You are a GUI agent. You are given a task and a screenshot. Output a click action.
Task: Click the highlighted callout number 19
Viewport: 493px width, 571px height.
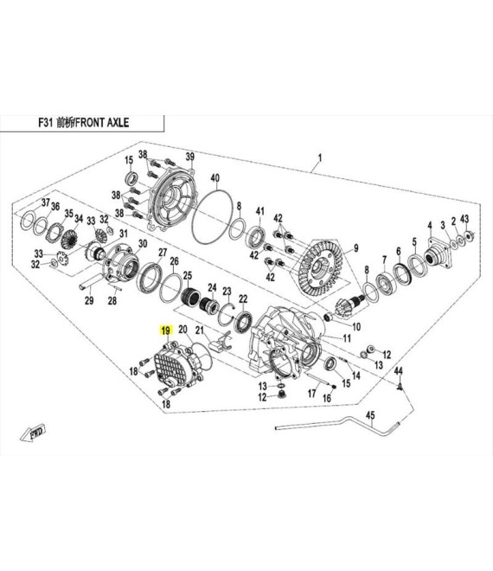click(x=166, y=330)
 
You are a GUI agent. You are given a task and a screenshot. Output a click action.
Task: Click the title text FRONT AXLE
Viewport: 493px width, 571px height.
click(x=102, y=122)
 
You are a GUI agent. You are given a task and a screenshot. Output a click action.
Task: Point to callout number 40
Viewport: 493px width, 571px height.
click(x=215, y=178)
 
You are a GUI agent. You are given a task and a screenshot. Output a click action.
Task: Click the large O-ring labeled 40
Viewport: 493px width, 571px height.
click(x=212, y=216)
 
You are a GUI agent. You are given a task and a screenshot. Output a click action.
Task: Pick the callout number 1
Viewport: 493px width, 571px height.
click(x=320, y=158)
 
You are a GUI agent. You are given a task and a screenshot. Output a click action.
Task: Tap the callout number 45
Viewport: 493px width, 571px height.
click(x=370, y=415)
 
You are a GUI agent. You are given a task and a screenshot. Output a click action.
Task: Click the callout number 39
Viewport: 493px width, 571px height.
click(x=190, y=157)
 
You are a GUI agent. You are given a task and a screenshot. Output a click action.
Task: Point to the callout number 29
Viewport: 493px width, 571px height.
click(x=89, y=300)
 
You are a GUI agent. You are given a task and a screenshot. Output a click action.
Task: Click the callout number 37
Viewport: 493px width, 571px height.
click(x=45, y=202)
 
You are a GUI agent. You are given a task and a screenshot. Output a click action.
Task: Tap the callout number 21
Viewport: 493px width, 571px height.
click(x=200, y=330)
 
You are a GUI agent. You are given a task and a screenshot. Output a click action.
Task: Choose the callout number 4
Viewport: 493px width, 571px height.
click(x=430, y=226)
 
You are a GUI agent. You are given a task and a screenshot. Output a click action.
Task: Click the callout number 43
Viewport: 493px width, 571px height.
click(x=464, y=219)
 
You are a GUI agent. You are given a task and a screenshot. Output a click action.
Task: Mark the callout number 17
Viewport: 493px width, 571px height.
click(x=311, y=394)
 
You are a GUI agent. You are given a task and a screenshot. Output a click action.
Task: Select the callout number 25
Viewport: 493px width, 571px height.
click(x=187, y=275)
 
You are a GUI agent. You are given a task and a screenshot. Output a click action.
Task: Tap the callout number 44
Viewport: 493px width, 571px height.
click(x=399, y=370)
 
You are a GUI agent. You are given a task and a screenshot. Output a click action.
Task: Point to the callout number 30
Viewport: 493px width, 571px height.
click(x=143, y=244)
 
